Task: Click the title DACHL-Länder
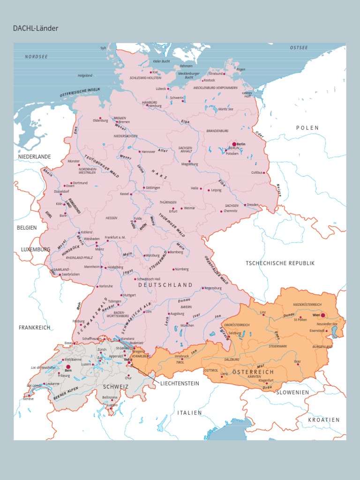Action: [x=36, y=29]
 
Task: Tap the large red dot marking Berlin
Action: [x=234, y=144]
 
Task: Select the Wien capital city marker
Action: [x=322, y=316]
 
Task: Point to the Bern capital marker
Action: [x=68, y=367]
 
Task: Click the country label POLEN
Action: [x=307, y=127]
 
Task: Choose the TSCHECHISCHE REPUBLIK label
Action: [x=280, y=263]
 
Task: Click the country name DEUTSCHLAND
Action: [x=165, y=285]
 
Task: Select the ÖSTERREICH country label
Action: [x=253, y=372]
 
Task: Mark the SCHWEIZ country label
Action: [x=113, y=387]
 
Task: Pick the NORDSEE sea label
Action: [x=37, y=57]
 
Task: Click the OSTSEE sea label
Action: [x=299, y=48]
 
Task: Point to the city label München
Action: [x=187, y=325]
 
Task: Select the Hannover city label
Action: [x=148, y=152]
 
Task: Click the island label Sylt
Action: [x=103, y=48]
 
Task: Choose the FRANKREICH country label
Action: [x=34, y=327]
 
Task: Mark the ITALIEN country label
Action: [x=189, y=412]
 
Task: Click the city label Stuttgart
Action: [x=129, y=295]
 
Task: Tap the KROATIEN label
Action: [x=323, y=420]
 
